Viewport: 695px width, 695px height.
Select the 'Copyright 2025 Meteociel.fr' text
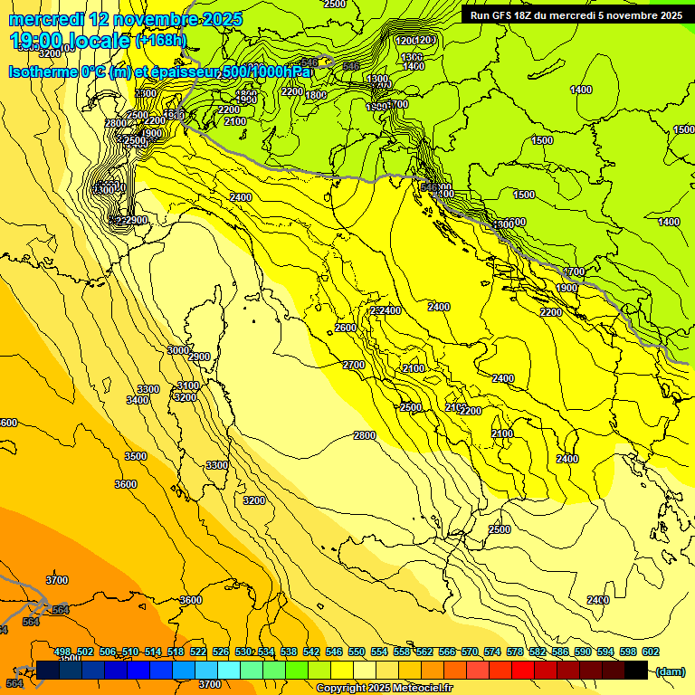[385, 688]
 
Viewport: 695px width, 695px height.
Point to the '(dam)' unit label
[669, 671]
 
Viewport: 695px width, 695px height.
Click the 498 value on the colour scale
[62, 652]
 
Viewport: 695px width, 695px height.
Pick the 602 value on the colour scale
[650, 652]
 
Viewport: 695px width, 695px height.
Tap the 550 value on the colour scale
[356, 652]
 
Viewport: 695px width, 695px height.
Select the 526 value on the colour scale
[221, 652]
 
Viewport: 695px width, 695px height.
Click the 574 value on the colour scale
[492, 652]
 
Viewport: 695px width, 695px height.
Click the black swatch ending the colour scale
[636, 671]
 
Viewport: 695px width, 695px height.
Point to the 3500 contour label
[136, 456]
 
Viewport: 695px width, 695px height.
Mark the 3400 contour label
[138, 399]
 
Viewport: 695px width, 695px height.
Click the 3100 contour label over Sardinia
[189, 386]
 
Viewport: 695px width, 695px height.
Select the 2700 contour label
[354, 365]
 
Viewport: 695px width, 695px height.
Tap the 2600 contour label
[346, 328]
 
